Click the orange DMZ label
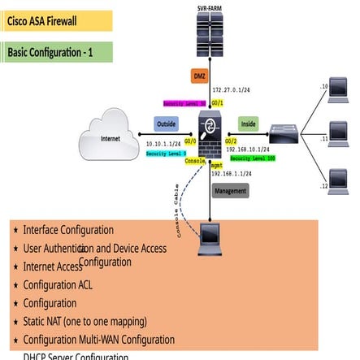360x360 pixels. click(200, 76)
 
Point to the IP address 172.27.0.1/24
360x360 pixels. click(231, 89)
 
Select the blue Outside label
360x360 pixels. click(166, 124)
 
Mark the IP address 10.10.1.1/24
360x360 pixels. click(163, 143)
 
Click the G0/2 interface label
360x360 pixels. click(231, 141)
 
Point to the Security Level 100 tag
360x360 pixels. click(253, 158)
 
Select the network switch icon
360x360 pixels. click(284, 132)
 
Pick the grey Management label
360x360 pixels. click(230, 191)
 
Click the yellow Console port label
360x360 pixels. click(195, 160)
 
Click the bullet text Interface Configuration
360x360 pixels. click(68, 230)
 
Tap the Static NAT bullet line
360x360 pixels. click(85, 321)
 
